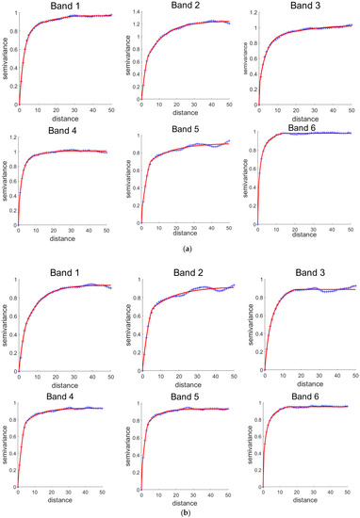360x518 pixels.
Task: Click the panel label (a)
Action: (180, 251)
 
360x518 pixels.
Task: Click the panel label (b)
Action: (180, 510)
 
